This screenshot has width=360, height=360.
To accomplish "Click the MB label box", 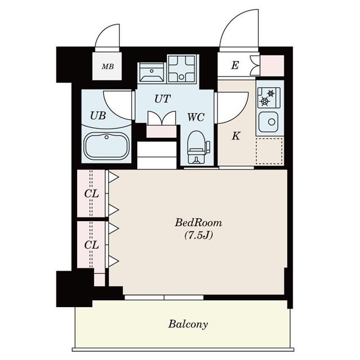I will tap(107, 66).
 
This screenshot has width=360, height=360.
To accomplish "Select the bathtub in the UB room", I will tap(106, 147).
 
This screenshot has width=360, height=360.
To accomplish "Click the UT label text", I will tap(163, 99).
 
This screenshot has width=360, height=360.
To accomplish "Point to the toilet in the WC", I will tap(196, 147).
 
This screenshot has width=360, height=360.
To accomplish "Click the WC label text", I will tap(195, 118).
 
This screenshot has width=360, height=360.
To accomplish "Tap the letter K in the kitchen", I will tap(237, 135).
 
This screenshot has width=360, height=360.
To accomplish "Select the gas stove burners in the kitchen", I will tap(269, 98).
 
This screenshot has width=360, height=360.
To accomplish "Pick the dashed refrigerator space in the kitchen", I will tap(269, 151).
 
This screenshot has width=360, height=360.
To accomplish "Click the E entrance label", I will tap(235, 66).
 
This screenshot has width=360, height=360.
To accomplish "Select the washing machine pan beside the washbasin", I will tap(181, 69).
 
